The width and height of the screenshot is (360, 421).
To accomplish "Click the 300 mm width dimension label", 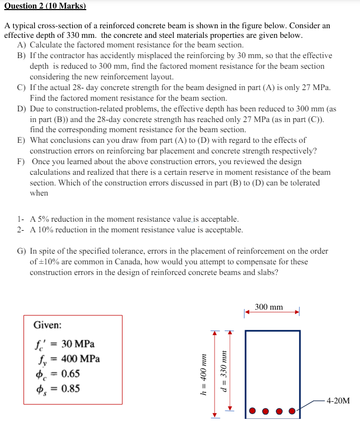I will point(269,307).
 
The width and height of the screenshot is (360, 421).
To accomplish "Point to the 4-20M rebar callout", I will point(338,400).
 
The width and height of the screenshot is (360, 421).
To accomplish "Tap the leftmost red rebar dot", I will point(253,411).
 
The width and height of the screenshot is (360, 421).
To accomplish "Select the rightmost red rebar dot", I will point(292,411).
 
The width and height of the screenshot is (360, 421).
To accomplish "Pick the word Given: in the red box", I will point(47,325).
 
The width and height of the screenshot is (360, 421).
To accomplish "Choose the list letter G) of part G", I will point(22,251).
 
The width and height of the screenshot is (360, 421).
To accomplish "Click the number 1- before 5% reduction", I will point(20,219).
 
